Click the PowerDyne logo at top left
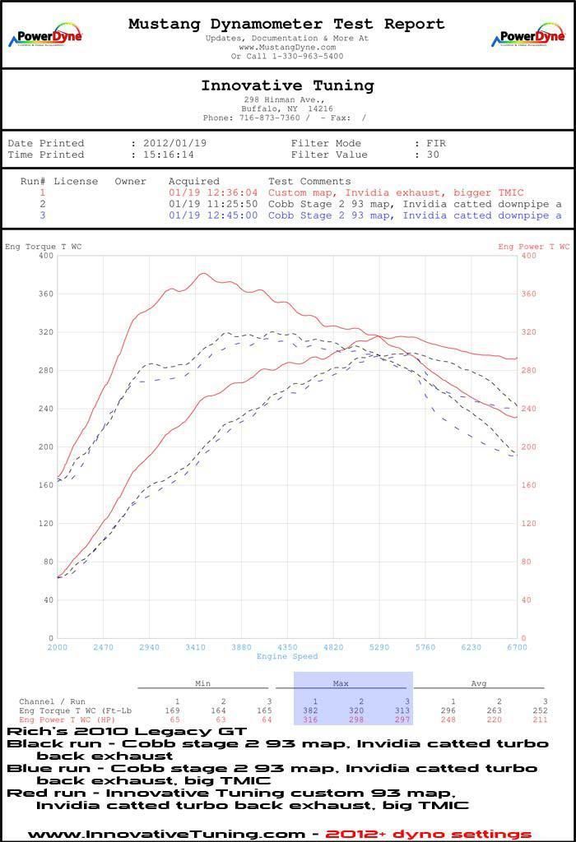pyautogui.click(x=45, y=36)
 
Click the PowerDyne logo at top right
pyautogui.click(x=528, y=36)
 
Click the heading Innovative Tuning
pyautogui.click(x=287, y=86)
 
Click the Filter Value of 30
pyautogui.click(x=433, y=155)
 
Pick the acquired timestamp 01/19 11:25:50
pyautogui.click(x=213, y=204)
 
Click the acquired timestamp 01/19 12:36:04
pyautogui.click(x=213, y=192)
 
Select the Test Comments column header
pyautogui.click(x=309, y=181)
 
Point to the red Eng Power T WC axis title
pyautogui.click(x=533, y=247)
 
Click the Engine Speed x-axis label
pyautogui.click(x=287, y=656)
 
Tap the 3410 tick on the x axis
pyautogui.click(x=195, y=647)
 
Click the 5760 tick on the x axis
pyautogui.click(x=425, y=647)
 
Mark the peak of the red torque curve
pyautogui.click(x=203, y=274)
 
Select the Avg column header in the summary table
pyautogui.click(x=478, y=682)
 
